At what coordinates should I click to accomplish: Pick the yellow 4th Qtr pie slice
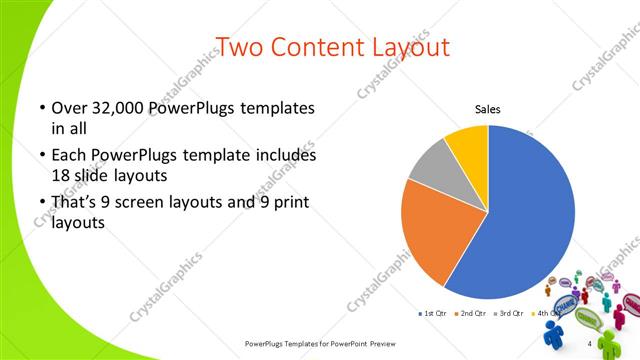click(x=468, y=144)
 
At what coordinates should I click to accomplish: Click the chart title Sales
click(x=487, y=109)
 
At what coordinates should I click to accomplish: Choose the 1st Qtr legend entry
click(x=431, y=314)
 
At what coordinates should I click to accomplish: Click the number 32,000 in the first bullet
click(x=113, y=108)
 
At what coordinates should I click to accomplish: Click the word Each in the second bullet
click(x=68, y=156)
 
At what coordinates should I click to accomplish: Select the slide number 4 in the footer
click(x=589, y=344)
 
